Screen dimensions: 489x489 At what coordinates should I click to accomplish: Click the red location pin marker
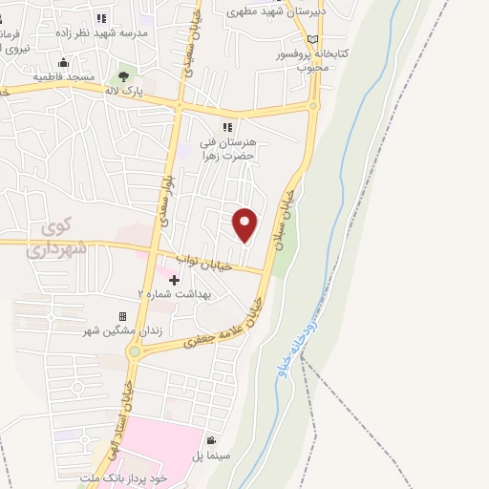pyautogui.click(x=246, y=223)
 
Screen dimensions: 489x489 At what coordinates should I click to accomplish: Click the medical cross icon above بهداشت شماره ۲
pyautogui.click(x=174, y=280)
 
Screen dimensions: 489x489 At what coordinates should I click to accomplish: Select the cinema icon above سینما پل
pyautogui.click(x=210, y=440)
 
